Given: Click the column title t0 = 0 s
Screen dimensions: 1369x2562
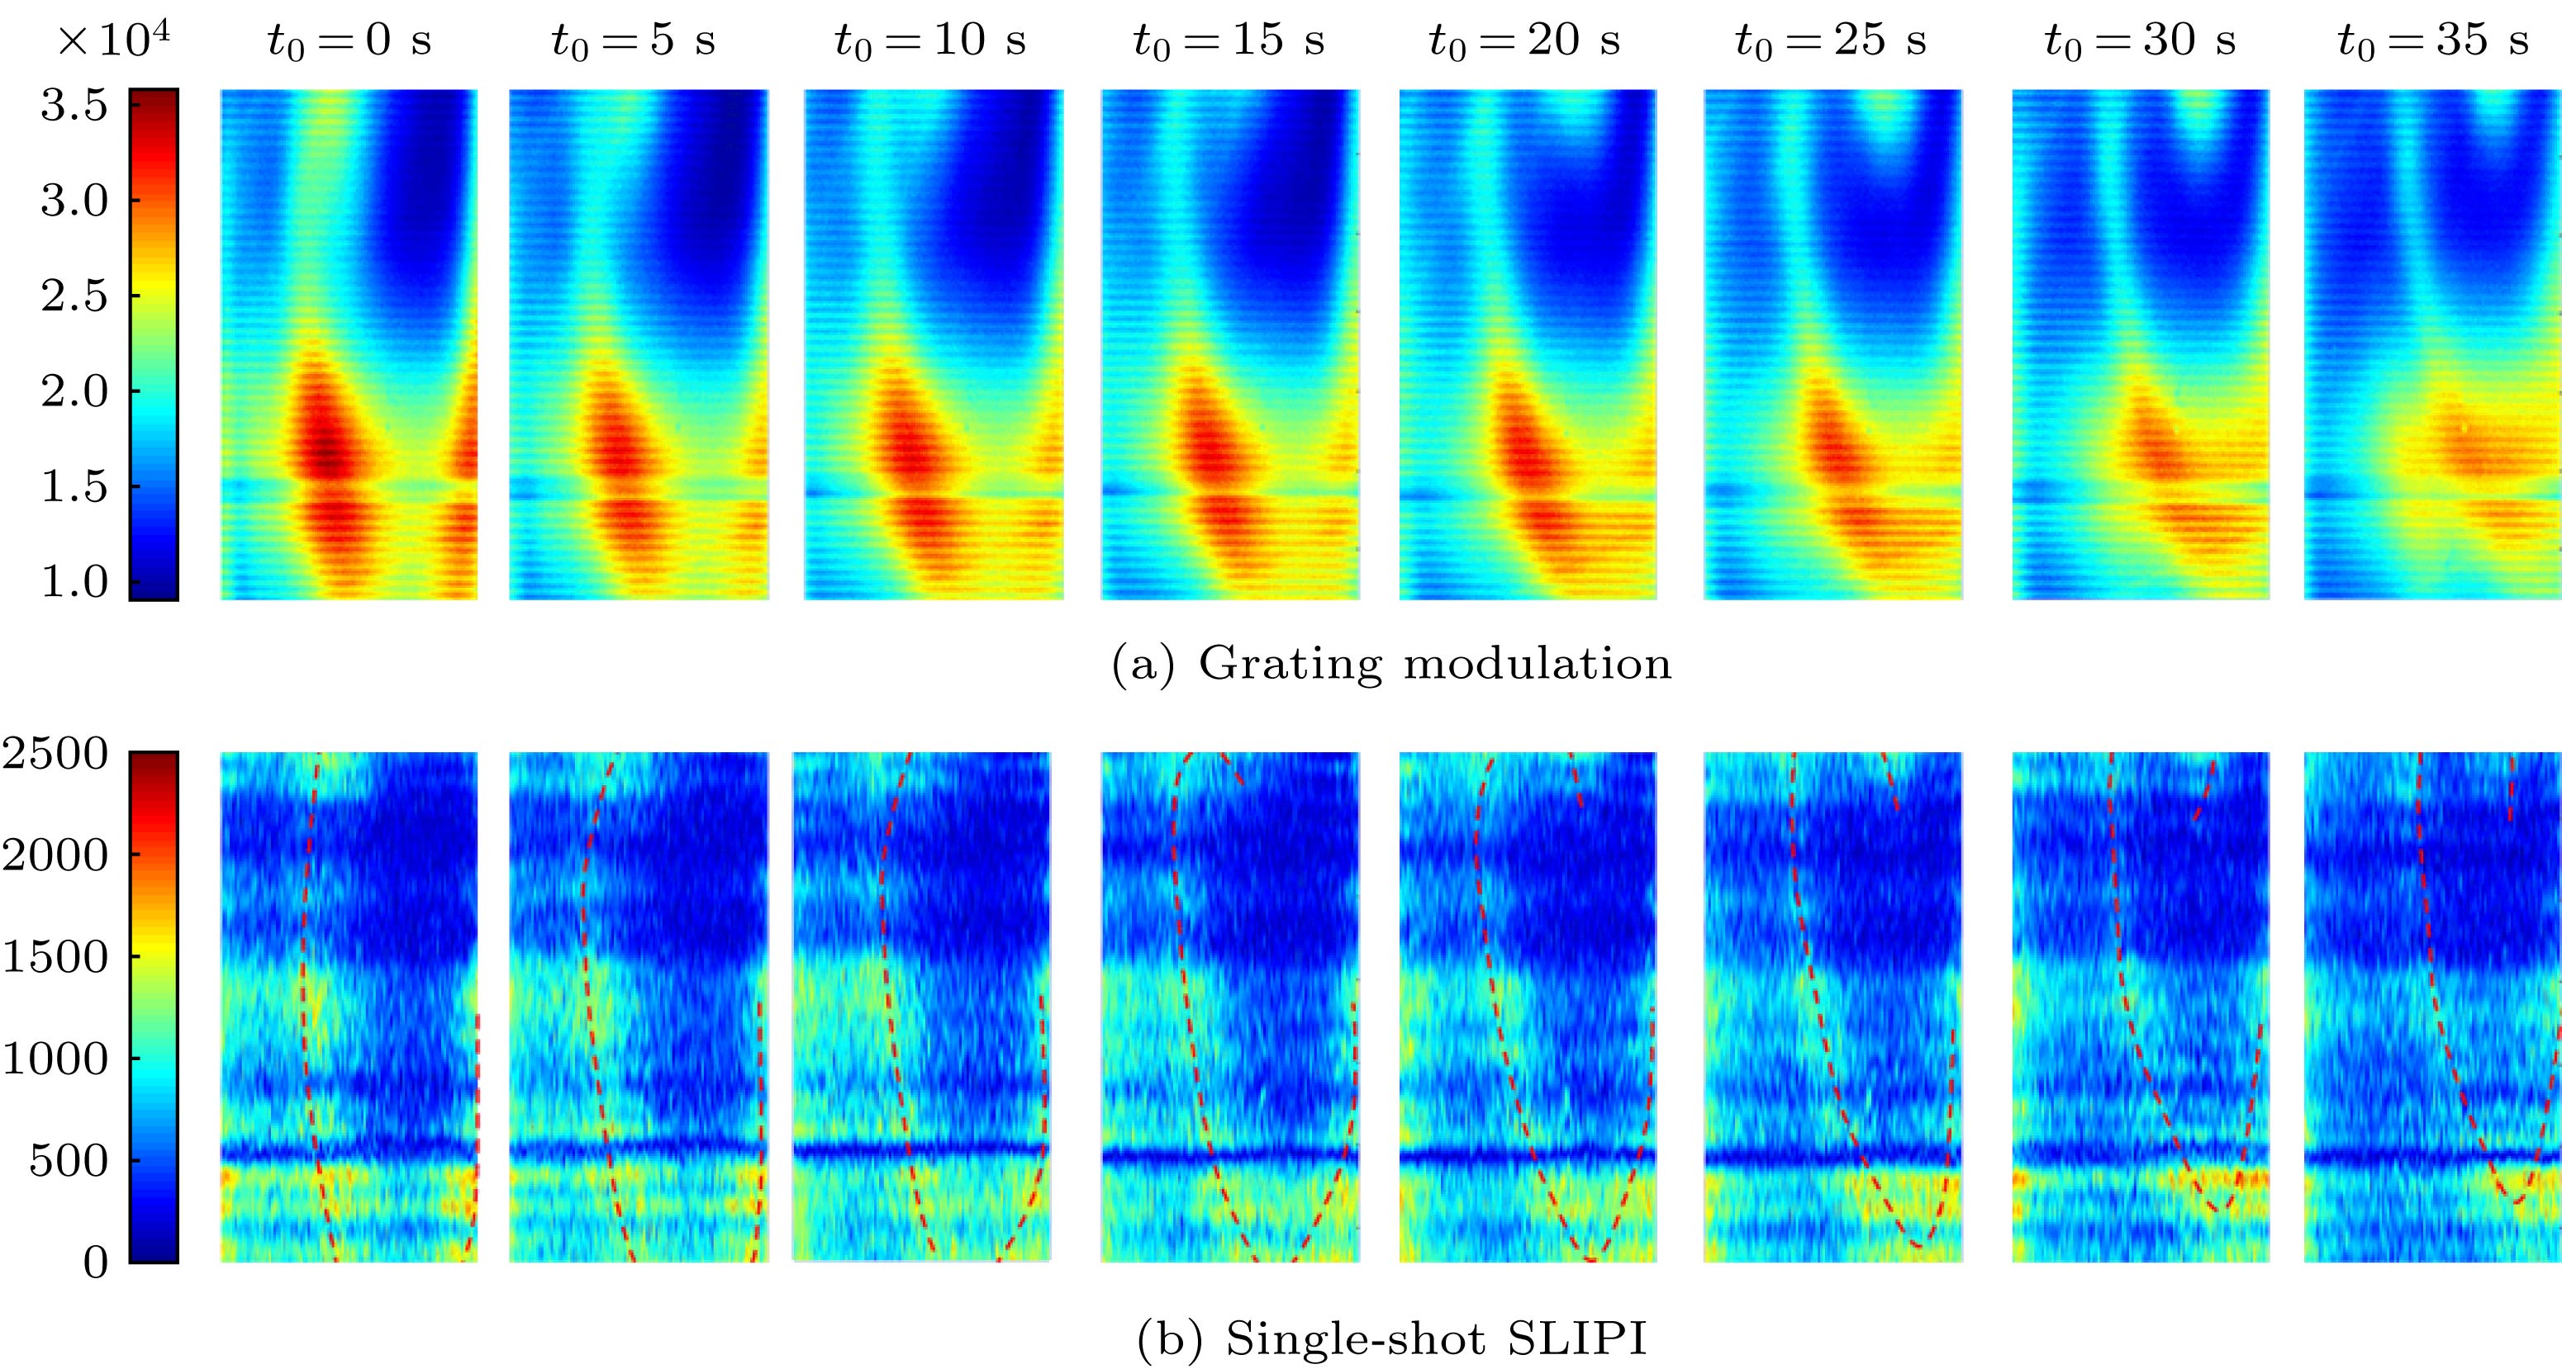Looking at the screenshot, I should [349, 40].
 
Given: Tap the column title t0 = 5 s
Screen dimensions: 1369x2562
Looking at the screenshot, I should [634, 40].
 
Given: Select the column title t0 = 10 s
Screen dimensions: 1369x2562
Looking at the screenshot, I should [930, 40].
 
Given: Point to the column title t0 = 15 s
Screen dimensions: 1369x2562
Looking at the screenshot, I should [1229, 40].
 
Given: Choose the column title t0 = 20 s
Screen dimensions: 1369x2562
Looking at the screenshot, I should [1524, 40].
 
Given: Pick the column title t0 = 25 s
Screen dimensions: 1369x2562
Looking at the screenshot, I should [1831, 40].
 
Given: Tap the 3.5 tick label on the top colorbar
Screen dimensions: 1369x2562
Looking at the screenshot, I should [74, 106].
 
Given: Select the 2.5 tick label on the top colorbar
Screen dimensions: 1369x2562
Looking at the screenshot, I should [74, 296].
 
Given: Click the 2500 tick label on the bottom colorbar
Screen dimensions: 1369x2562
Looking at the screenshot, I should [55, 754].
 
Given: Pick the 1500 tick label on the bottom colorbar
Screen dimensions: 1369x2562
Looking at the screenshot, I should [55, 958].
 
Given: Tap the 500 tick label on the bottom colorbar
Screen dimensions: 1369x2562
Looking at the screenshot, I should [69, 1160].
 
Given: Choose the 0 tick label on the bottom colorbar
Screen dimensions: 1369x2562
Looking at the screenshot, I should [96, 1262].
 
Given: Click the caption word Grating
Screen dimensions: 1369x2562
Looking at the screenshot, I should [1290, 664].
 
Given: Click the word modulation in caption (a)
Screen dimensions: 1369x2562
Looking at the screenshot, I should [1538, 663].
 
